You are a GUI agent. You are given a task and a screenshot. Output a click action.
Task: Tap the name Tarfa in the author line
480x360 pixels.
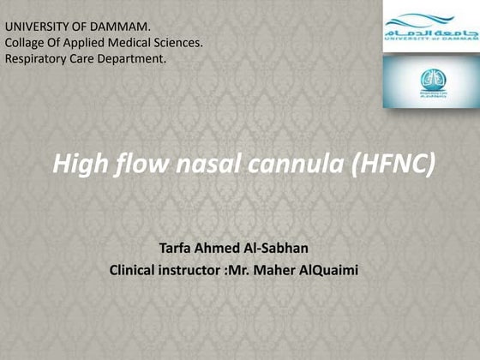click(178, 249)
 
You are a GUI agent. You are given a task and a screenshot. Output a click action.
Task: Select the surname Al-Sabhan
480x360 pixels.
click(285, 249)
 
